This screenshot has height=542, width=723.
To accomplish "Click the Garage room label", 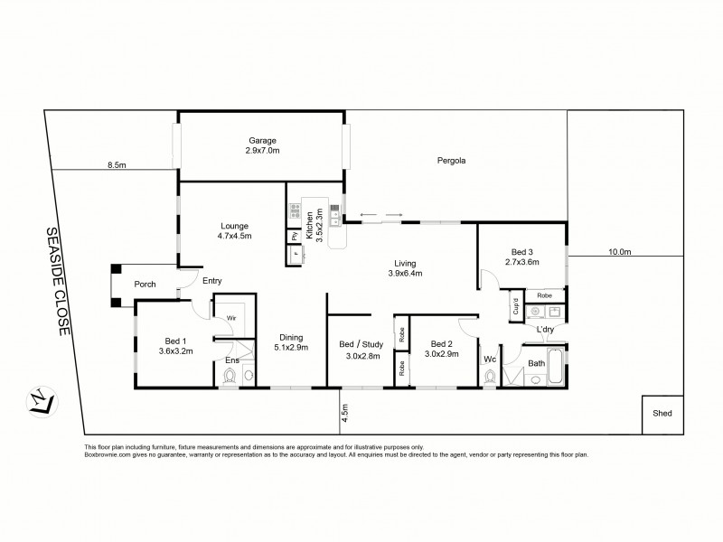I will pos(263,140).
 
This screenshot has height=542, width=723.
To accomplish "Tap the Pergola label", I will pos(449,161).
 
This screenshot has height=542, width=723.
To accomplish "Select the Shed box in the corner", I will pos(662,414).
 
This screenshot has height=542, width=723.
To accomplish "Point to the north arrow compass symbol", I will pos(42,400).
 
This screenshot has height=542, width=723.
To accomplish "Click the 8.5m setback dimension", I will pos(116,165).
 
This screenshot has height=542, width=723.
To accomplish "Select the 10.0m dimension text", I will pos(619,252).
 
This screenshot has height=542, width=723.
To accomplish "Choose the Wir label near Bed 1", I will pos(231,319).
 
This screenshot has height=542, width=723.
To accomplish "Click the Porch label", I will pos(145,285).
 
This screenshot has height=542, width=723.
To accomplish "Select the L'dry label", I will pos(545,330).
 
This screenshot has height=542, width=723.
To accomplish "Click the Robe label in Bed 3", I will pos(544,295).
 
